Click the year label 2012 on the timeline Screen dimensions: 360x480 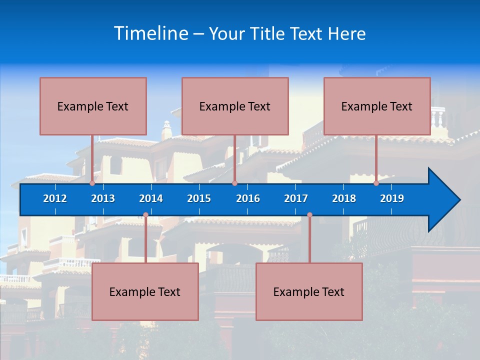point(55,198)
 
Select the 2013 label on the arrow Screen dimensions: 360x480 point(103,198)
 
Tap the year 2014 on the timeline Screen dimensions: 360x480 point(151,198)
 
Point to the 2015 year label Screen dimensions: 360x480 point(199,198)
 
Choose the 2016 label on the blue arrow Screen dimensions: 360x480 point(248,198)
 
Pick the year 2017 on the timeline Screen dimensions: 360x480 point(296,198)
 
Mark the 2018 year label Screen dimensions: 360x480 point(344,198)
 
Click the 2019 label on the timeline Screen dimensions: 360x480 point(392,198)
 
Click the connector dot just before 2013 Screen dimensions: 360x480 point(92,183)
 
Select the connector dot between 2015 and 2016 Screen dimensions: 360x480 point(234,183)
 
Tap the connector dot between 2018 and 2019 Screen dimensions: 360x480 point(376,183)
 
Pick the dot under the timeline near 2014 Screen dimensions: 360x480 point(145,215)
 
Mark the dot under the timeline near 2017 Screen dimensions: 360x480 point(309,215)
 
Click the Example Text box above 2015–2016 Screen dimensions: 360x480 point(235,106)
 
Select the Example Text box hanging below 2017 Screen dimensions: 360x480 point(309,291)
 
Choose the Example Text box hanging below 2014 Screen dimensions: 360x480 point(145,291)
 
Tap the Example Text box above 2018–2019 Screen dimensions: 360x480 point(377,106)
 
